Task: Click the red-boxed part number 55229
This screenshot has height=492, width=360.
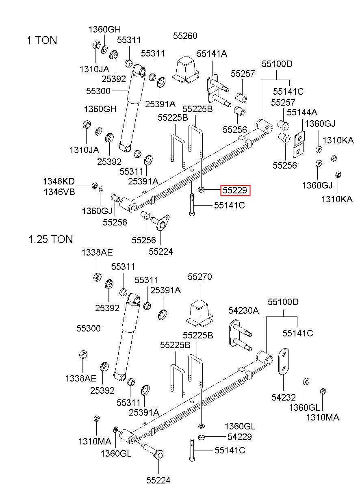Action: coord(235,190)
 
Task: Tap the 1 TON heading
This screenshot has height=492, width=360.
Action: coord(42,40)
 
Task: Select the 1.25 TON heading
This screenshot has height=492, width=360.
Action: coord(50,239)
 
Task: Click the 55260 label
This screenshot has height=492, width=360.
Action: coord(185,36)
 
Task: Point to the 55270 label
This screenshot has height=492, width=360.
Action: coord(200,277)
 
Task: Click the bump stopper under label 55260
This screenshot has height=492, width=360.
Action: coord(186,70)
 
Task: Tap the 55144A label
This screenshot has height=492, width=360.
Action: coord(302,112)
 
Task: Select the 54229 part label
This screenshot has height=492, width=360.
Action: coord(239,437)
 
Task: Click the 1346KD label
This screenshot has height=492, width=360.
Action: coord(59,181)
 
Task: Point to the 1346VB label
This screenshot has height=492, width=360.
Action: coord(59,192)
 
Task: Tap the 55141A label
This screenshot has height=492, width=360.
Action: coord(212,54)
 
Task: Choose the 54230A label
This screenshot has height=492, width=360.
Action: coord(243,310)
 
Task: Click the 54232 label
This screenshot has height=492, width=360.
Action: coord(284,397)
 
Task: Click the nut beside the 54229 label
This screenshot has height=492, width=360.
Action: coord(201,437)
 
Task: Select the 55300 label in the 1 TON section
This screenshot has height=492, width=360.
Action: coord(98,91)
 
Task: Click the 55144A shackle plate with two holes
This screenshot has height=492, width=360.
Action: coord(299,144)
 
